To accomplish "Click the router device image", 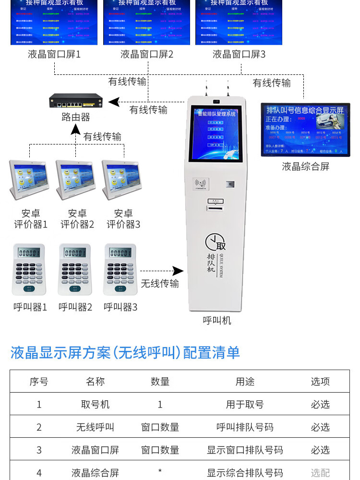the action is click(x=76, y=102).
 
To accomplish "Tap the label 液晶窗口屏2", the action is click(x=147, y=54).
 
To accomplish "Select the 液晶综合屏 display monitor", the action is click(x=305, y=130).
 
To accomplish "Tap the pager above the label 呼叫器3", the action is click(x=120, y=270).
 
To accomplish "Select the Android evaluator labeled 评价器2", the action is click(x=76, y=180).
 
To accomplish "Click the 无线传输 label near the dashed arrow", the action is click(x=160, y=284).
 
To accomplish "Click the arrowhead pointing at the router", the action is click(x=112, y=102).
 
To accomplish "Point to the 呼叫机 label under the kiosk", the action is click(x=217, y=320).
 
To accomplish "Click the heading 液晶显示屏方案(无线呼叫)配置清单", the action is click(x=125, y=353).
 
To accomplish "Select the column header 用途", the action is click(x=245, y=382).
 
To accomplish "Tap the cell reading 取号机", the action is click(x=95, y=405).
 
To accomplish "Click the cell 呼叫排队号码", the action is click(x=245, y=427).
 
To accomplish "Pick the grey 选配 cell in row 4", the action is click(x=320, y=473).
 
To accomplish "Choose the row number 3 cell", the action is click(x=39, y=450).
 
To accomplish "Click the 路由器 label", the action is click(x=76, y=117).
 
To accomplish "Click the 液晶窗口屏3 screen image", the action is click(x=239, y=23).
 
